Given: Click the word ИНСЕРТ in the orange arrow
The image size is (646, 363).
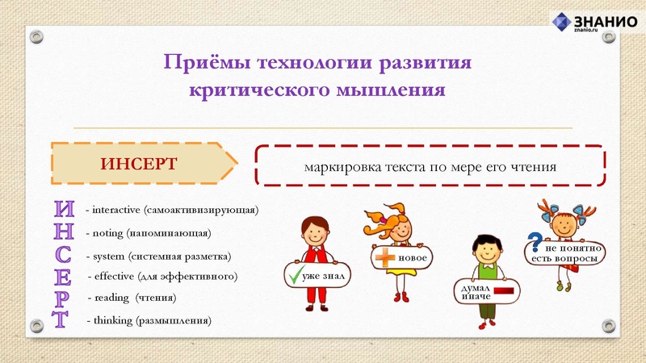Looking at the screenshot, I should [x=138, y=163].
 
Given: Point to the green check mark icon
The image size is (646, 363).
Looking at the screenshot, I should [x=293, y=277].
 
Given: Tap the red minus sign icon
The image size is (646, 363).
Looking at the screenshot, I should [x=505, y=290].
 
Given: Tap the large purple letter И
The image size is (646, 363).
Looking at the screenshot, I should [x=64, y=208].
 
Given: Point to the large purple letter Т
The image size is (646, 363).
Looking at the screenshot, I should [x=62, y=319].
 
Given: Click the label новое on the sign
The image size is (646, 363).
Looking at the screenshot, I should [x=411, y=257].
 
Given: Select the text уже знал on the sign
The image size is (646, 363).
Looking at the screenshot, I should [x=323, y=277].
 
